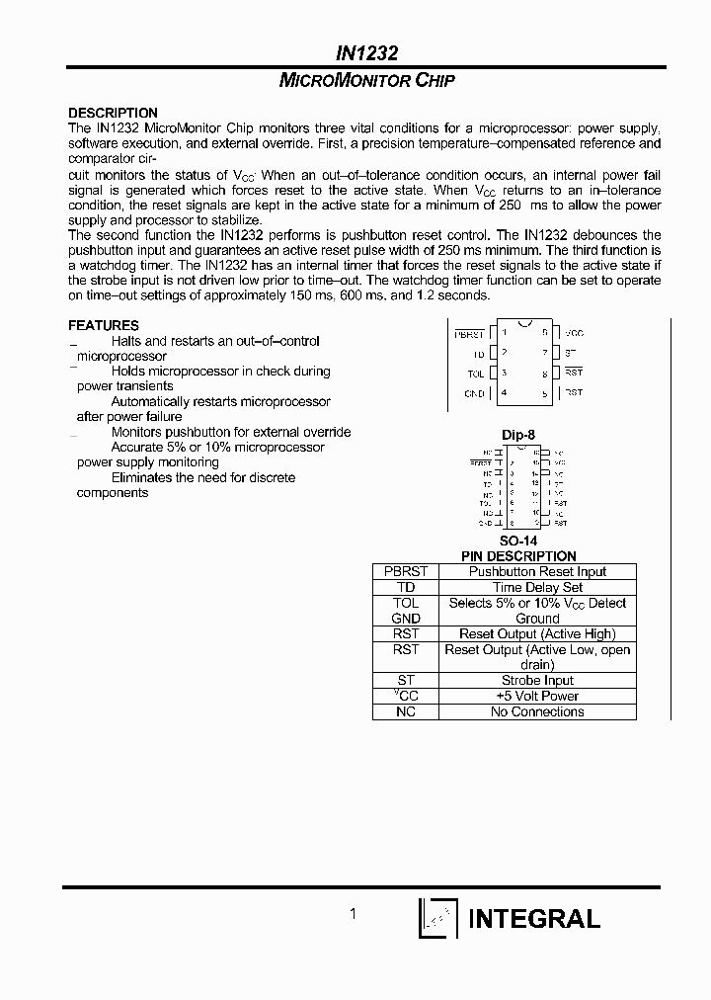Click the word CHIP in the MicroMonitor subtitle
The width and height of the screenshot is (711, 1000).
(434, 82)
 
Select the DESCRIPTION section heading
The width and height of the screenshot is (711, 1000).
(113, 113)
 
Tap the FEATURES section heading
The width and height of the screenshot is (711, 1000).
(104, 325)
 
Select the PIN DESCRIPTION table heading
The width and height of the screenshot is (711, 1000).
(518, 556)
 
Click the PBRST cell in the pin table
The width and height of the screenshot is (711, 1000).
(406, 571)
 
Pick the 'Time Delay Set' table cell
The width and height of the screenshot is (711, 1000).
(537, 587)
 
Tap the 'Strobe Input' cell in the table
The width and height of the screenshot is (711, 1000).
(537, 680)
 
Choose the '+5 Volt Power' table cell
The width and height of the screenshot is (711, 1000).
(537, 696)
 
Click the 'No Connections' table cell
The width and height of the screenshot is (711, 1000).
(537, 711)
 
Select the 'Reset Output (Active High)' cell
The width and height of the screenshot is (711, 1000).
(537, 633)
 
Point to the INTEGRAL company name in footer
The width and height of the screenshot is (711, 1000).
(533, 918)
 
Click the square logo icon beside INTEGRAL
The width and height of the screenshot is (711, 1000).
(438, 918)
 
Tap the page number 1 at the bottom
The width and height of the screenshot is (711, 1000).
(353, 914)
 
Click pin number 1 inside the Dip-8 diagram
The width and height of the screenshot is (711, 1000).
(504, 333)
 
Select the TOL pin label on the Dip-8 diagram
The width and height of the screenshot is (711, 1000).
(476, 373)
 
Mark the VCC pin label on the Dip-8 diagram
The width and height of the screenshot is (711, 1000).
(574, 334)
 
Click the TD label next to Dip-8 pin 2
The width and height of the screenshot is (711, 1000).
(478, 353)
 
